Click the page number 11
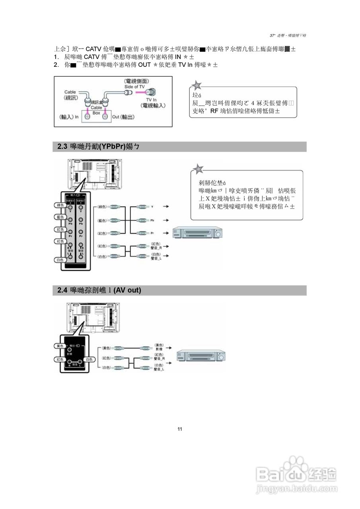180,429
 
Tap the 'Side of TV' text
134,86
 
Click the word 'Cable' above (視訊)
70,92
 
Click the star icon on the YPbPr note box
198,168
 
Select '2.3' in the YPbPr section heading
62,147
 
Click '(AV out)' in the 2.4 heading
127,291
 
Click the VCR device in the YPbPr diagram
198,233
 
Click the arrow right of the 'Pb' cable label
168,220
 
